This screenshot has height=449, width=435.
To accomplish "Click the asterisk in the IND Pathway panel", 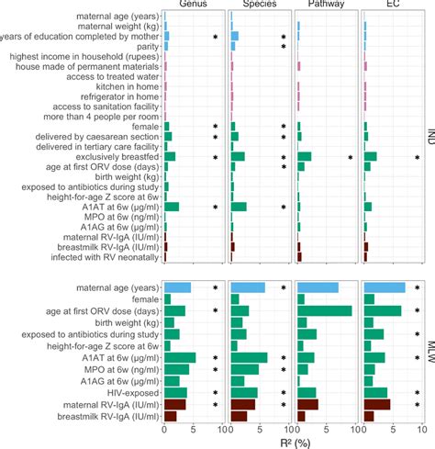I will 351,158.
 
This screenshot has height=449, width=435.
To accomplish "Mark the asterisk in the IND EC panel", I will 418,158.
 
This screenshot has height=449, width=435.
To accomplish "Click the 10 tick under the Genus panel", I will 221,429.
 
